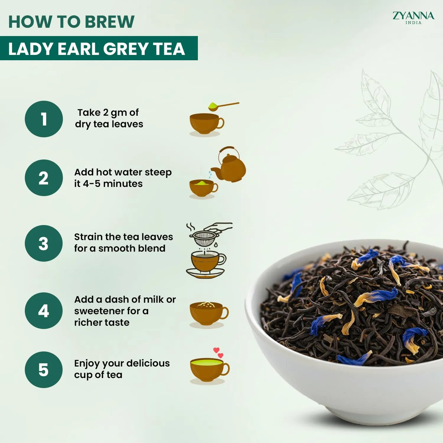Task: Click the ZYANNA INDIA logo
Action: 413,18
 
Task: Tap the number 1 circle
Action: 44,119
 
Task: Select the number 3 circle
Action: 44,243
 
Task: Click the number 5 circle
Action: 44,370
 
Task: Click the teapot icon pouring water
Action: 230,167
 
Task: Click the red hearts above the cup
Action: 219,352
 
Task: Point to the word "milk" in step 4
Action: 153,299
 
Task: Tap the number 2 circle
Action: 44,178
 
